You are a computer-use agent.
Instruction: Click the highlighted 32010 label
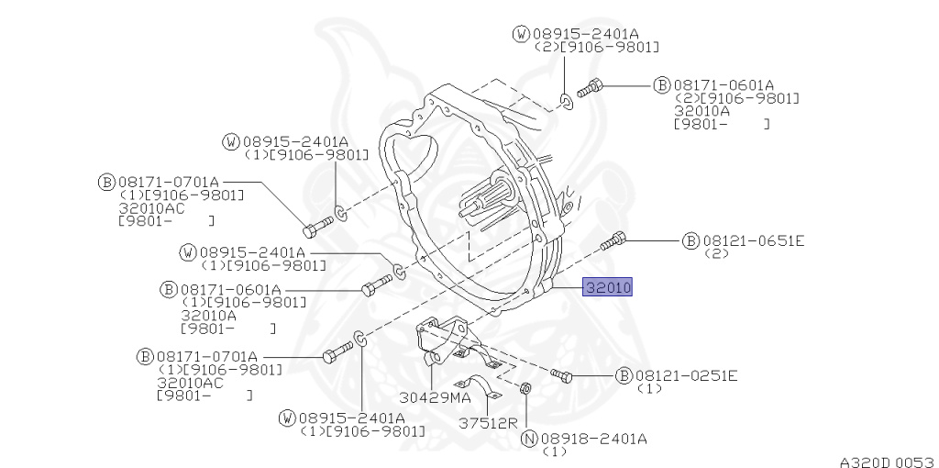click(607, 287)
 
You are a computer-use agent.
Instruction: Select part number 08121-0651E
click(754, 241)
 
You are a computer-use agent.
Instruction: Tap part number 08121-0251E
click(687, 375)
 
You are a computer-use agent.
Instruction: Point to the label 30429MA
click(436, 397)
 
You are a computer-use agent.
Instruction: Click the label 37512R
click(488, 422)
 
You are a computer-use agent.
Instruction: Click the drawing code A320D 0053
click(889, 462)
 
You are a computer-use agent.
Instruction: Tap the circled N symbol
click(529, 440)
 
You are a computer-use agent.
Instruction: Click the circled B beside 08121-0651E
click(690, 241)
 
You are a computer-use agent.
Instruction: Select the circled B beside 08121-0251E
click(624, 375)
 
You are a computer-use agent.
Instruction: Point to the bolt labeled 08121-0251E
click(561, 375)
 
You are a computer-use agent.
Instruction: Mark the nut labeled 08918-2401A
click(525, 387)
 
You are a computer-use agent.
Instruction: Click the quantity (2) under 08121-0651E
click(716, 253)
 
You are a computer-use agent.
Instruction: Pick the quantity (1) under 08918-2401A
click(554, 451)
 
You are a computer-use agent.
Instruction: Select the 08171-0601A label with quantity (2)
click(724, 85)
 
